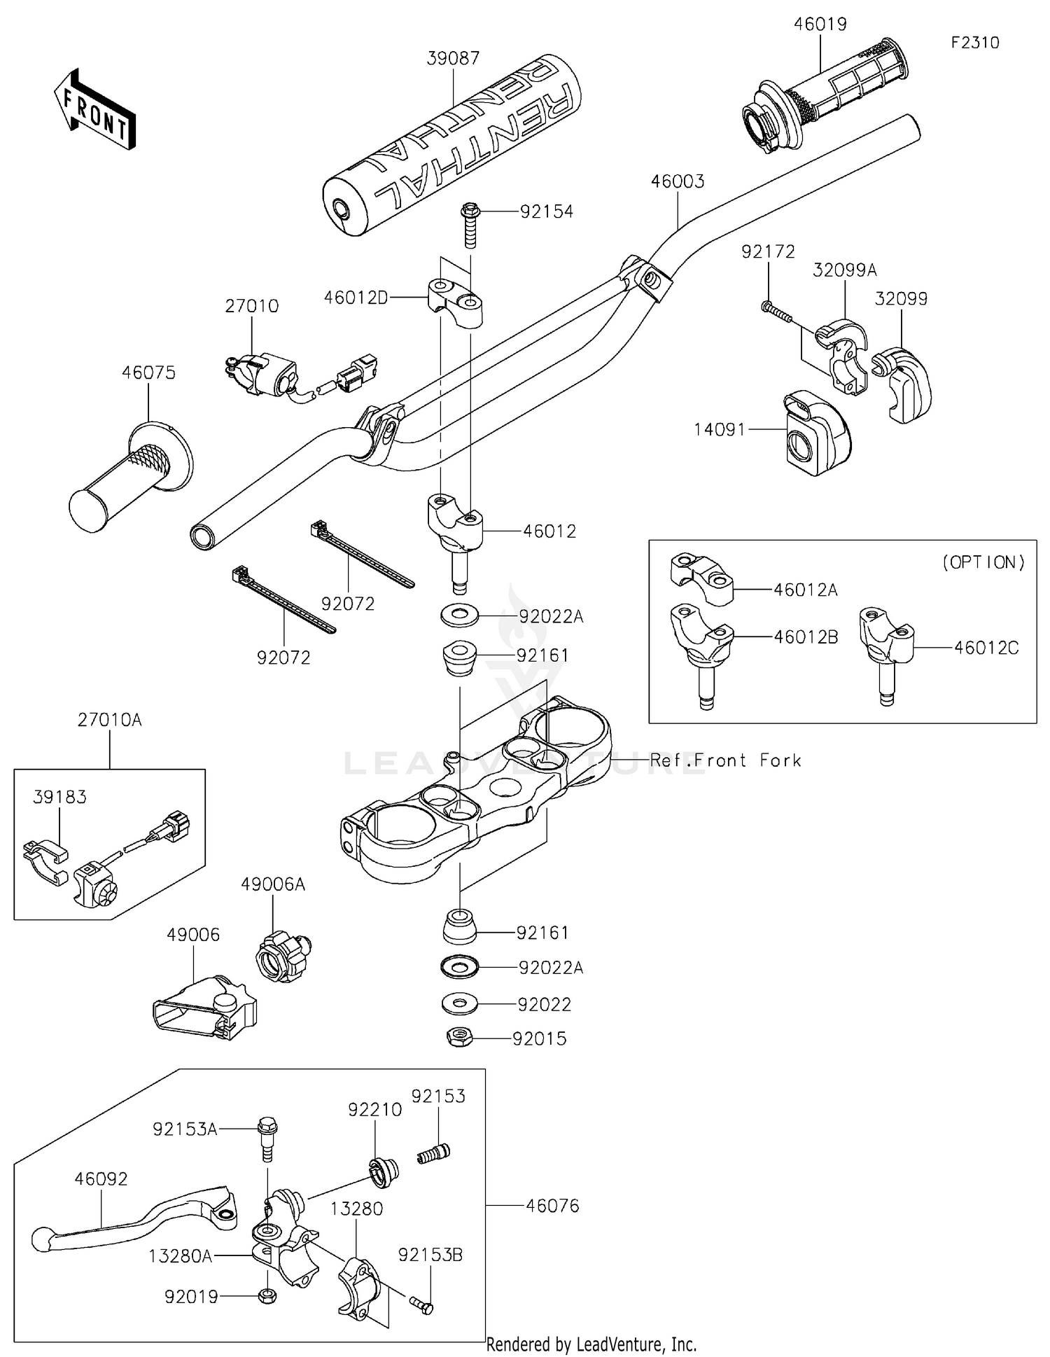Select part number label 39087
click(x=453, y=58)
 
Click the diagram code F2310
click(x=974, y=43)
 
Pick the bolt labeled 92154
click(x=470, y=224)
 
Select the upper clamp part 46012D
click(x=456, y=301)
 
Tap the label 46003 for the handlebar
click(x=677, y=181)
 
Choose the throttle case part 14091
click(x=815, y=433)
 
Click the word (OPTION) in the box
click(x=983, y=562)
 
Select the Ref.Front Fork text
click(x=725, y=760)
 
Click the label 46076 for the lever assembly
click(x=552, y=1206)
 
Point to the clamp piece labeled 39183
click(x=46, y=856)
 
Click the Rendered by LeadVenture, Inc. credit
click(x=591, y=1344)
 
